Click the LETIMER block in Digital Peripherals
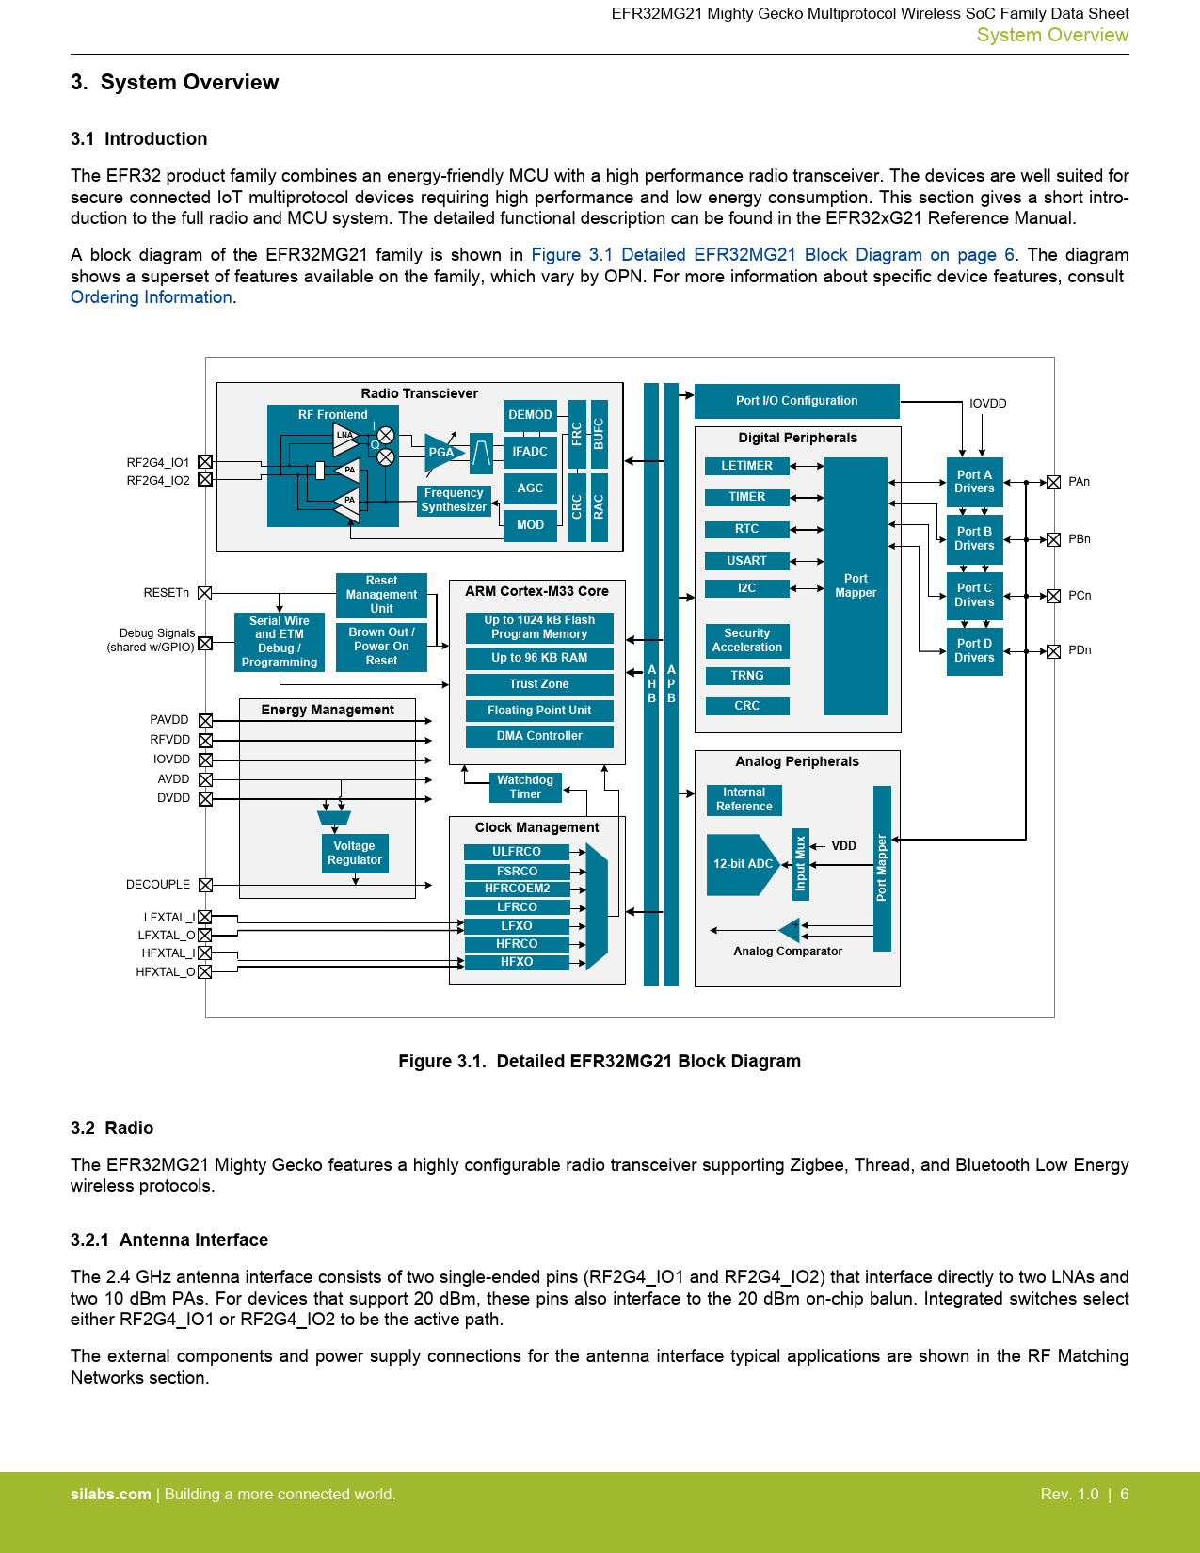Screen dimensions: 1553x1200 point(746,466)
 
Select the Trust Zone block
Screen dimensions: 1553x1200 point(539,684)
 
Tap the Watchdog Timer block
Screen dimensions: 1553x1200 point(525,787)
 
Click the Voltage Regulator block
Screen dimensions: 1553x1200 point(355,853)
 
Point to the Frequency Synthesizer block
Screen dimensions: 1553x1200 point(454,500)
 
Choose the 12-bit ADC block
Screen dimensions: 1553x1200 point(743,864)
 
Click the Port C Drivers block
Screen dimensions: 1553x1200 point(974,595)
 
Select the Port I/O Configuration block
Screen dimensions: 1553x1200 point(796,401)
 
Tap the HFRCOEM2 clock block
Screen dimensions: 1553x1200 point(517,889)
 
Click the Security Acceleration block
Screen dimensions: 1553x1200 point(747,640)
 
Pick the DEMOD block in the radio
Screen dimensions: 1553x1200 point(530,415)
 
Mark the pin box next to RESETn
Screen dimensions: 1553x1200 point(205,593)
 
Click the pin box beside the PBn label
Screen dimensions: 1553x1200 point(1054,539)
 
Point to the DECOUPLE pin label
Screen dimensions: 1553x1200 point(158,885)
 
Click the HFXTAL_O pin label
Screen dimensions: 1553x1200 point(165,972)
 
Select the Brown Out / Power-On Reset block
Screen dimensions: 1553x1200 point(381,647)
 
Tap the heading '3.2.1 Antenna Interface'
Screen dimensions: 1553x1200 point(169,1241)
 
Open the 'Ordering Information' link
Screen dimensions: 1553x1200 point(152,297)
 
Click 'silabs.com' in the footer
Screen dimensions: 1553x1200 point(111,1495)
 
